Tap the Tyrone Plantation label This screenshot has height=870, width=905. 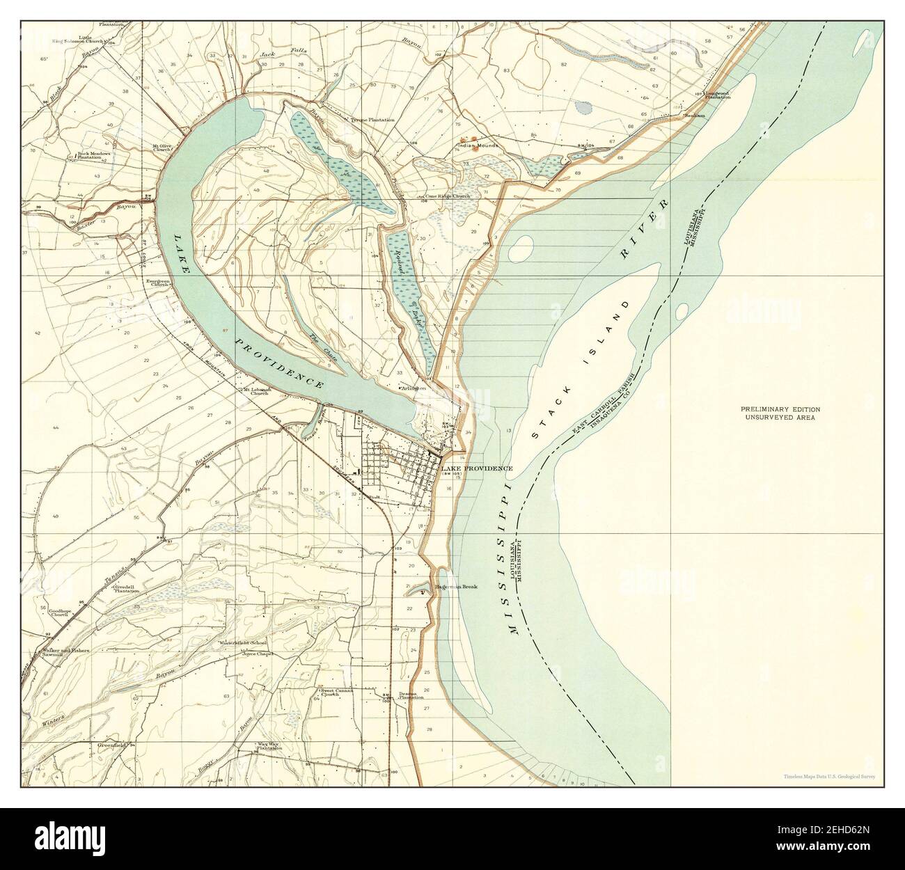[x=373, y=120]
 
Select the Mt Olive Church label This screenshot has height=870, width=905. [x=162, y=148]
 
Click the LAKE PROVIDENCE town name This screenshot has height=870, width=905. [x=478, y=468]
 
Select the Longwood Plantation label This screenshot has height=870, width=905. [x=717, y=95]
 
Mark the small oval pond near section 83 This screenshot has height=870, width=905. [x=583, y=108]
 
